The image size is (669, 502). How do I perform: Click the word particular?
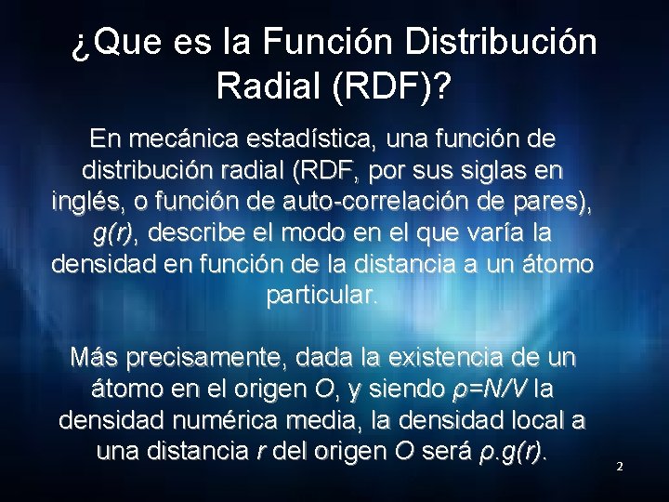tap(322, 296)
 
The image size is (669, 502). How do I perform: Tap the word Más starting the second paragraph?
tap(93, 358)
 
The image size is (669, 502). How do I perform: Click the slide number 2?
tap(620, 466)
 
